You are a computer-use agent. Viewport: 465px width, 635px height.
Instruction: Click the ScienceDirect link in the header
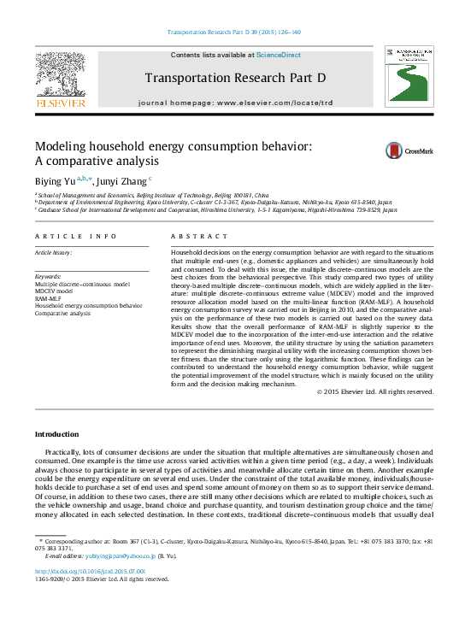[279, 55]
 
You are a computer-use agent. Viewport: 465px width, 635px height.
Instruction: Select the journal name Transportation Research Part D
[236, 78]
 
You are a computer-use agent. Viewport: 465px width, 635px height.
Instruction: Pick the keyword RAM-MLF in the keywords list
[48, 298]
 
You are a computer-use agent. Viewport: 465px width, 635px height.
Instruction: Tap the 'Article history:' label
[53, 253]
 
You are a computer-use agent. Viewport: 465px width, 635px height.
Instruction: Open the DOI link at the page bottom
[90, 571]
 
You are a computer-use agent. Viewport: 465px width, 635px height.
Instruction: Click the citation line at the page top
[232, 32]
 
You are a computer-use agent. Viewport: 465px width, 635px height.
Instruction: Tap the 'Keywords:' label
[48, 276]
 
